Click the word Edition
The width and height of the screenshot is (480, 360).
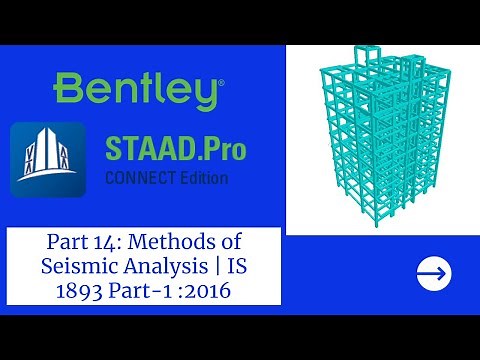pyautogui.click(x=200, y=179)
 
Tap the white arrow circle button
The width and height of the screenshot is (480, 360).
pyautogui.click(x=433, y=272)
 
